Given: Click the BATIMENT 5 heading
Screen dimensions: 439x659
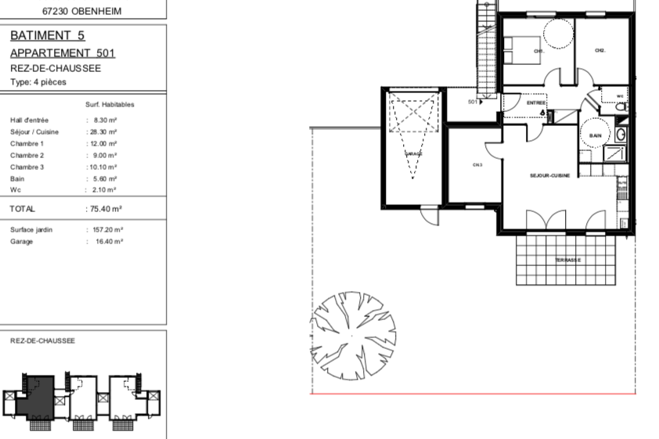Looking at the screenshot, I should click(x=48, y=36).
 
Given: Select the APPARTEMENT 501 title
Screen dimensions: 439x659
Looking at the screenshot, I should click(x=63, y=53).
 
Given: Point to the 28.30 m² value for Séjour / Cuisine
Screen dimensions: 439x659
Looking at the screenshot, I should click(x=102, y=132).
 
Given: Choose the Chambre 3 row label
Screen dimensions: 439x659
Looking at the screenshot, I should click(x=27, y=167).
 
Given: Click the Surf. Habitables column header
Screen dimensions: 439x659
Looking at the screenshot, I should click(x=110, y=104).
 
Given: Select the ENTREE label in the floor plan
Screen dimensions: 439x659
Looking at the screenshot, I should click(x=535, y=103).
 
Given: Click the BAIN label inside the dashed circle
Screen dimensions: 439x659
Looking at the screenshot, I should click(x=595, y=136).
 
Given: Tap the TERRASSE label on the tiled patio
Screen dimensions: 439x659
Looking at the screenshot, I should click(x=567, y=260).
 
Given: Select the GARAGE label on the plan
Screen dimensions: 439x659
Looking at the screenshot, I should click(x=412, y=154).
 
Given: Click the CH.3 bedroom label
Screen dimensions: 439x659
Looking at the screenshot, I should click(x=477, y=165).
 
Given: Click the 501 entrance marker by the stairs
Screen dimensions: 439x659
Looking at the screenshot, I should click(x=474, y=102).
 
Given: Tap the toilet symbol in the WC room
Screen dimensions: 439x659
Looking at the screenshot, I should click(x=621, y=109).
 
